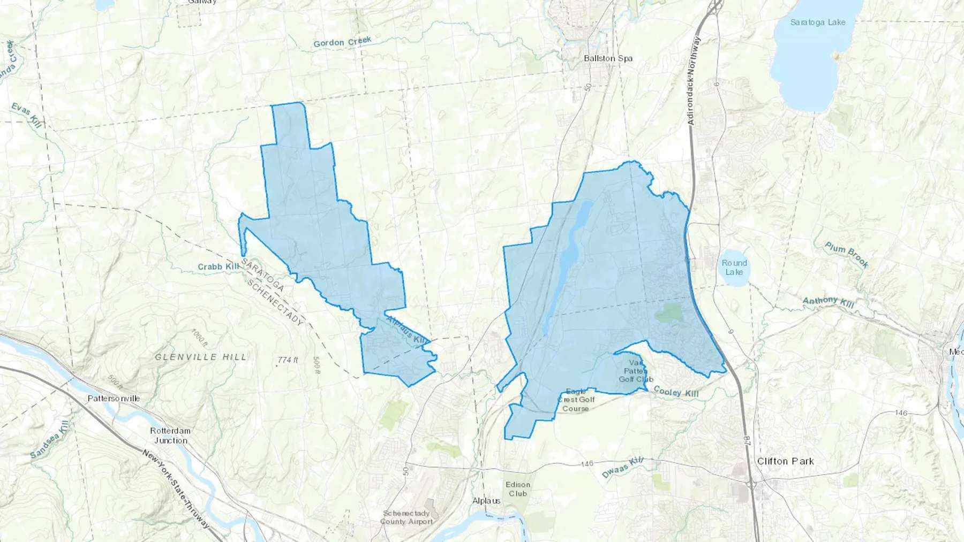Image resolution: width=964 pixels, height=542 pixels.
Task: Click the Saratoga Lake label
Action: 817,22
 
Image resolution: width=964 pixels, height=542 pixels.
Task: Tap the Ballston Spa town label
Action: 608,58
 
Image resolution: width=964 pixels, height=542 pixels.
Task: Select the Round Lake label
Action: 734,268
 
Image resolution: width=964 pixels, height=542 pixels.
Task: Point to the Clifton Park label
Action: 785,461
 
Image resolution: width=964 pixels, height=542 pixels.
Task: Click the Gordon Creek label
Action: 342,42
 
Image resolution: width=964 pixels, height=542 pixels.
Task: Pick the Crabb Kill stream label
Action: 219,266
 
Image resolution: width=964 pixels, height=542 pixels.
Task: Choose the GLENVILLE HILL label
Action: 201,357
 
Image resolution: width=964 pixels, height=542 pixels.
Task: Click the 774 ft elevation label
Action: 288,360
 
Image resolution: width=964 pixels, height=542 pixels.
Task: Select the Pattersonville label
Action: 114,399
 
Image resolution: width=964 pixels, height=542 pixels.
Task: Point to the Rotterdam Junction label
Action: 170,436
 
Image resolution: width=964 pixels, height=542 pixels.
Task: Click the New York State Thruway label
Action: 176,490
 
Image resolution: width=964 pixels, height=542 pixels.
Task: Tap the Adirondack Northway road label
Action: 694,81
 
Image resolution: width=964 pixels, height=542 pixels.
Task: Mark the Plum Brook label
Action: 846,255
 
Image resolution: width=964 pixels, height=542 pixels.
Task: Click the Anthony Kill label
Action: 828,302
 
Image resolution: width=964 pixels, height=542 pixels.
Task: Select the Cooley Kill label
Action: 676,392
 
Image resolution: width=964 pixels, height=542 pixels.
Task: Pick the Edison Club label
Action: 517,489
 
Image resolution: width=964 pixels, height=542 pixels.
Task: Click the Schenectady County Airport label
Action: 406,517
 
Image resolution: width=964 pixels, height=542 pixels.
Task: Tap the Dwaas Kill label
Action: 622,468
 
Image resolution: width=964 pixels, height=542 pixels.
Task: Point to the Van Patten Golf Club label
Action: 636,371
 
